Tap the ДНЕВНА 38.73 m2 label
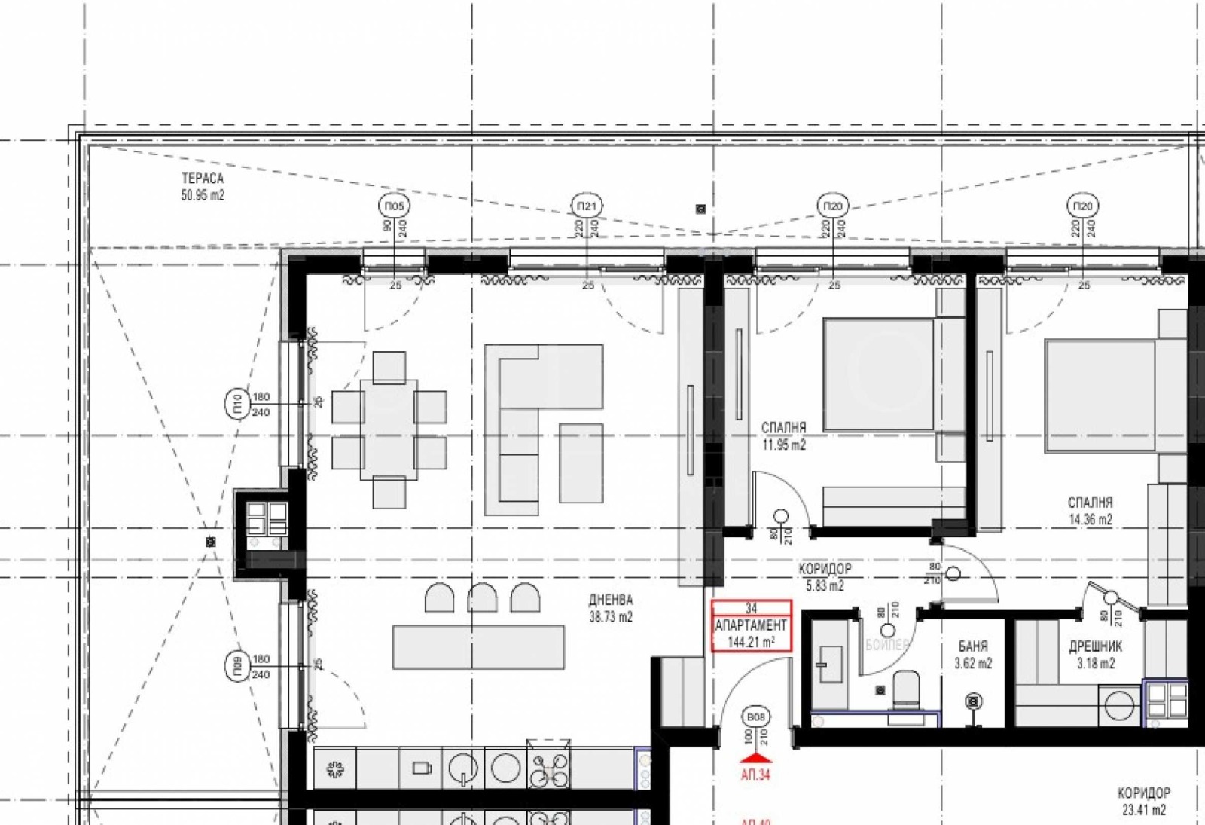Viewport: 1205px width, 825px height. pyautogui.click(x=610, y=608)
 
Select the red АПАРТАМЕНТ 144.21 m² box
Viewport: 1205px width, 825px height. pyautogui.click(x=752, y=625)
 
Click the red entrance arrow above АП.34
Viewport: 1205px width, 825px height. pyautogui.click(x=756, y=758)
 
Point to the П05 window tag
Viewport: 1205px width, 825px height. pyautogui.click(x=394, y=206)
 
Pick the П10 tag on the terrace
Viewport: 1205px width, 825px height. pyautogui.click(x=236, y=405)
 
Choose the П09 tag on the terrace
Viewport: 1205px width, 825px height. pyautogui.click(x=236, y=667)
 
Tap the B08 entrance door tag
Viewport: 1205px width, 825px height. pyautogui.click(x=755, y=717)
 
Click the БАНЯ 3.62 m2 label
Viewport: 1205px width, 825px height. pyautogui.click(x=973, y=655)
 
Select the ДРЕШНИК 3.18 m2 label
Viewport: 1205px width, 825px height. pyautogui.click(x=1095, y=655)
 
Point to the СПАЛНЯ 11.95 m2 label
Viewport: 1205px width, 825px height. pyautogui.click(x=783, y=436)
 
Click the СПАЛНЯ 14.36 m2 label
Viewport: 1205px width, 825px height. pyautogui.click(x=1090, y=511)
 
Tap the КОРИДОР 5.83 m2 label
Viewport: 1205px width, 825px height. pyautogui.click(x=825, y=577)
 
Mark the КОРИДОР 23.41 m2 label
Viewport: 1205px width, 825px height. pyautogui.click(x=1143, y=801)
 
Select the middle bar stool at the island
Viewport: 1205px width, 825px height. pyautogui.click(x=482, y=597)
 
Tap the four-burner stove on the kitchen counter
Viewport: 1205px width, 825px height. pyautogui.click(x=548, y=768)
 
